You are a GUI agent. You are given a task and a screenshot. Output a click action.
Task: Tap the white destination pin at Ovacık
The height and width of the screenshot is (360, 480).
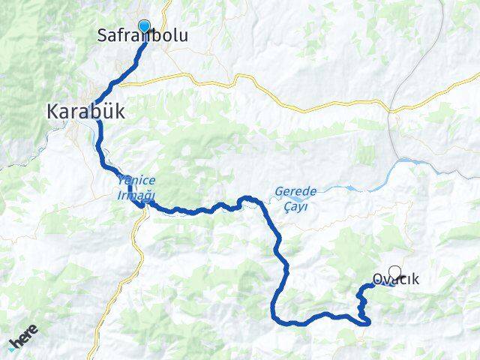click(395, 274)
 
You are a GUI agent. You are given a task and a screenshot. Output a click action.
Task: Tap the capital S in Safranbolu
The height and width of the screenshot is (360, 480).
click(103, 35)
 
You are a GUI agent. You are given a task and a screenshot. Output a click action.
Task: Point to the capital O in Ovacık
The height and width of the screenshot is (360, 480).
click(376, 280)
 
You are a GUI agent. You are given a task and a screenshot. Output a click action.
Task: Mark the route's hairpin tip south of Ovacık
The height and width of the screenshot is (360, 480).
click(369, 322)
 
